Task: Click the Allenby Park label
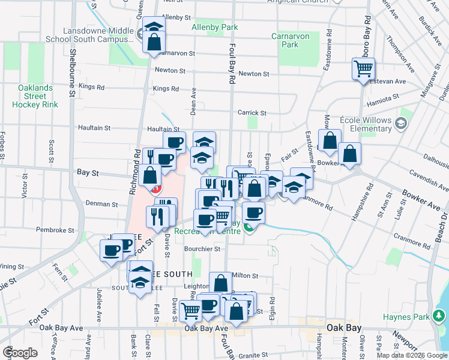click(214, 28)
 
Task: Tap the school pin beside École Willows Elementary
click(401, 124)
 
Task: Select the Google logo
click(20, 352)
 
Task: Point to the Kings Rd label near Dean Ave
click(166, 89)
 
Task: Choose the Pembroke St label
click(54, 230)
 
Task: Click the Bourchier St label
click(202, 248)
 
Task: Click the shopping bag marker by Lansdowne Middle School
click(154, 42)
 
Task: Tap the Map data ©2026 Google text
click(412, 355)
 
